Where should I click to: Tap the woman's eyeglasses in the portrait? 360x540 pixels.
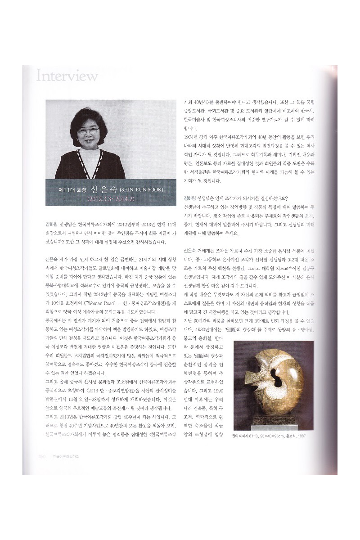coord(88,131)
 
